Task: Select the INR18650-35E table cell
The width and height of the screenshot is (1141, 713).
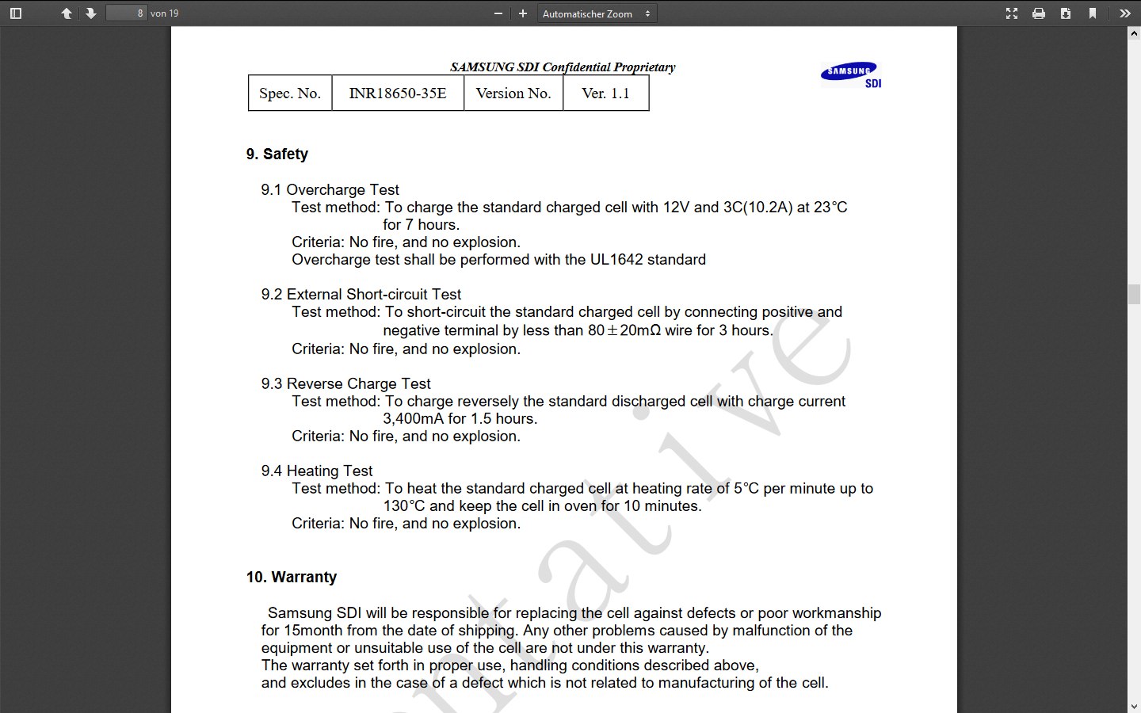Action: pyautogui.click(x=398, y=93)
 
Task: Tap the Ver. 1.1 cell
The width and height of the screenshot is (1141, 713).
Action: pyautogui.click(x=605, y=93)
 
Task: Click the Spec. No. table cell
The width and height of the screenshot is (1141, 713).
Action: pyautogui.click(x=290, y=93)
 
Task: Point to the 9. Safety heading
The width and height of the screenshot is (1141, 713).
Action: pyautogui.click(x=277, y=154)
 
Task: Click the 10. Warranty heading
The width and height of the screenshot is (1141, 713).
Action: pyautogui.click(x=291, y=577)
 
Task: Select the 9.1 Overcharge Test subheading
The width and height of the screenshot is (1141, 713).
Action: pyautogui.click(x=330, y=189)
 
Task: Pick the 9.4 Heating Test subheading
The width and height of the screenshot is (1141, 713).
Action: pyautogui.click(x=316, y=471)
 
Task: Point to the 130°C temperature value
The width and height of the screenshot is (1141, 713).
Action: pyautogui.click(x=404, y=505)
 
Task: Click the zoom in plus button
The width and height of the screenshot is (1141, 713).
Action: pyautogui.click(x=523, y=13)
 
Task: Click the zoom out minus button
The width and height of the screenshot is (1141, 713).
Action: pyautogui.click(x=498, y=13)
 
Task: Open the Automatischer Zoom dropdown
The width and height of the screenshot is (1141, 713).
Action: pyautogui.click(x=597, y=13)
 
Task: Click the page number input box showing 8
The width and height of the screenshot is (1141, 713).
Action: pyautogui.click(x=126, y=13)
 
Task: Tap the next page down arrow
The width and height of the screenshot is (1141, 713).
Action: pyautogui.click(x=91, y=13)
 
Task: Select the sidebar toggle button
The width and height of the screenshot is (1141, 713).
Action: pyautogui.click(x=16, y=13)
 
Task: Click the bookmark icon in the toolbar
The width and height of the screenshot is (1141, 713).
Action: pyautogui.click(x=1093, y=13)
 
